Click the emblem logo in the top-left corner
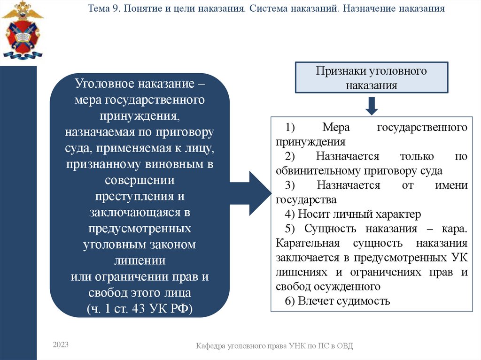click(22, 30)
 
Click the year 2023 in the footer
click(61, 345)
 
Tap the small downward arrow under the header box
click(372, 106)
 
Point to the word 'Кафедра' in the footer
click(210, 346)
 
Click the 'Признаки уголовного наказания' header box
click(371, 78)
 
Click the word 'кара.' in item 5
click(454, 229)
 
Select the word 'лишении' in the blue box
click(140, 260)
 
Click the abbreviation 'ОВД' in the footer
click(344, 346)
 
